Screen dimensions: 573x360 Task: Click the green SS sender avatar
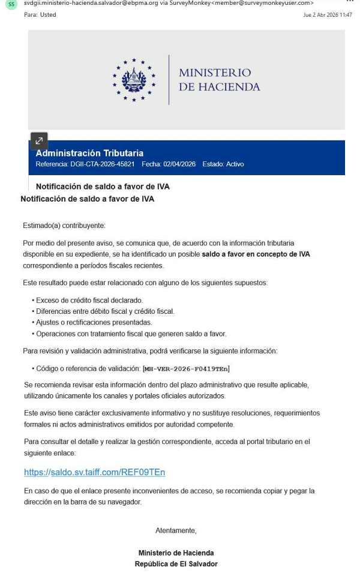coord(11,4)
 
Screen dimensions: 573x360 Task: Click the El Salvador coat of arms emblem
coord(134,80)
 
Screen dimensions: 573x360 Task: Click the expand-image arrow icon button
coord(39,140)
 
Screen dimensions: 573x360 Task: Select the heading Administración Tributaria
coord(89,153)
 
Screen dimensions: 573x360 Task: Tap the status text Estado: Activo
coord(223,164)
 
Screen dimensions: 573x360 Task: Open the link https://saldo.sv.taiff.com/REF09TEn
coord(94,472)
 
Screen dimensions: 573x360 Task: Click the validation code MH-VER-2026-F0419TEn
coord(186,368)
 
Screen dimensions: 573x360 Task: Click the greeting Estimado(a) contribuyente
coord(64,226)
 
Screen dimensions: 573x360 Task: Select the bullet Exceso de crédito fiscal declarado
coord(89,300)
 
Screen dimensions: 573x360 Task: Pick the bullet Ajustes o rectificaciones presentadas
coord(94,322)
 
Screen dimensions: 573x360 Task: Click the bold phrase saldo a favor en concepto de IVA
coord(256,254)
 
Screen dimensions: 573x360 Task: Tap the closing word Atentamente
coord(176,530)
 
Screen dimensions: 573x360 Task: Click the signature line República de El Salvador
coord(176,564)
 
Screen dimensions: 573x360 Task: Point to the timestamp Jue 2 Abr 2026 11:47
coord(328,15)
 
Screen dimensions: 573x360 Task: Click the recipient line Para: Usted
coord(40,15)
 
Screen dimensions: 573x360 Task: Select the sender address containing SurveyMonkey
coord(169,3)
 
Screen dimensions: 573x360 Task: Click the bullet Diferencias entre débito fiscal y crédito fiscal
coord(105,311)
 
